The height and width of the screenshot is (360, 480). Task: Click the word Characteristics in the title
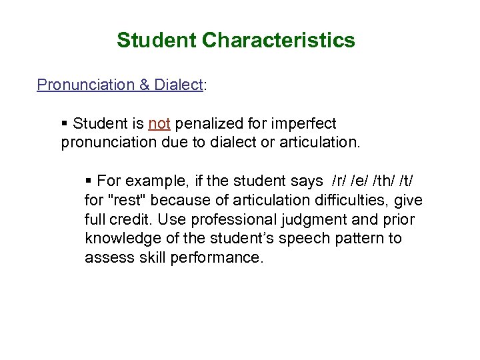279,41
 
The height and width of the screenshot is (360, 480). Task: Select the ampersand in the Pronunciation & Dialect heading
145,85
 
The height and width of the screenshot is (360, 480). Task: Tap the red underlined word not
159,123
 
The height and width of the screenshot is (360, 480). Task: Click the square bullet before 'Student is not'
65,124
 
